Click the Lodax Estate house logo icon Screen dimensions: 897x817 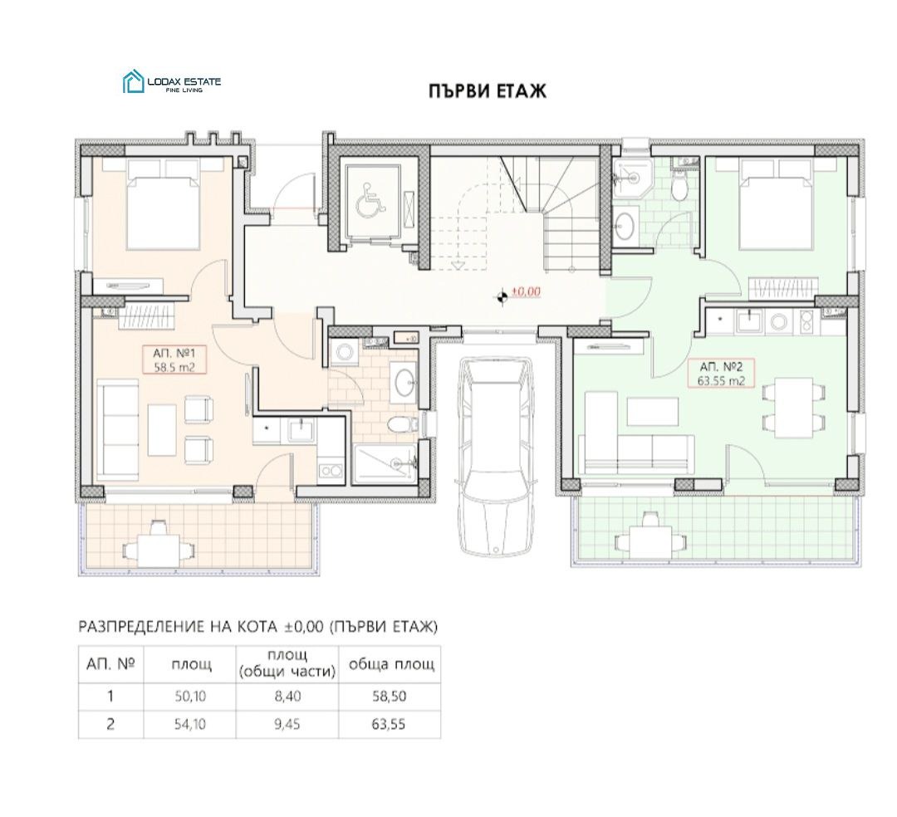(x=133, y=81)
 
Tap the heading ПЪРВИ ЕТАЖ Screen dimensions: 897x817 (x=488, y=91)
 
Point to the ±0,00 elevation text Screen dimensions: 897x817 (x=526, y=291)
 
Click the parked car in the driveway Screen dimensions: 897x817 (x=496, y=456)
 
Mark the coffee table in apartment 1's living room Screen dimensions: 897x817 (x=162, y=428)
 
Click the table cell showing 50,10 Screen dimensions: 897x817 (x=190, y=696)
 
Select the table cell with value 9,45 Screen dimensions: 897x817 (x=287, y=724)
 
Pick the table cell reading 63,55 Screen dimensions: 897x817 (x=389, y=724)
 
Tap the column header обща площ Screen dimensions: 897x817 (x=391, y=664)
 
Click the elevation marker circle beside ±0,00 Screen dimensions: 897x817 (x=502, y=296)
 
